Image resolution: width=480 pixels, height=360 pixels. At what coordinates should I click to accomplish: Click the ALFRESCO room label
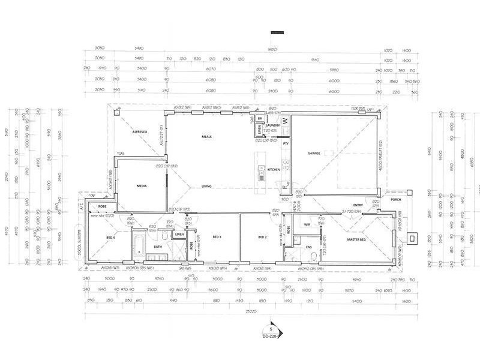(140, 131)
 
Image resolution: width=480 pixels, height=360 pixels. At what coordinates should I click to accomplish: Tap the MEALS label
(207, 137)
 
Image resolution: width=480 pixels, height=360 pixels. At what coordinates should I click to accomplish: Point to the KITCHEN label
(274, 170)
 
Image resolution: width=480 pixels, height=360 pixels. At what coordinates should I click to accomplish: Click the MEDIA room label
(142, 186)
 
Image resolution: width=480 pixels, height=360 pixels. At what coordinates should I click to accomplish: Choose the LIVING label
(207, 185)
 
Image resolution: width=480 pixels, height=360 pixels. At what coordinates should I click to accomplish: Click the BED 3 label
(217, 237)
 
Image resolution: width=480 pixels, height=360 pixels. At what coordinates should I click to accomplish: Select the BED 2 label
(262, 237)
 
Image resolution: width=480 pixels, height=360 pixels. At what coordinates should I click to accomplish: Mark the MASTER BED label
(358, 240)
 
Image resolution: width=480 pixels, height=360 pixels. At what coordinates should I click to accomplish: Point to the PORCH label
(395, 200)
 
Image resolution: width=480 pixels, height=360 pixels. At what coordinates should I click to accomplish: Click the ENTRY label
(358, 205)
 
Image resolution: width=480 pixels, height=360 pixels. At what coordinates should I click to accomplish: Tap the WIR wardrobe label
(307, 224)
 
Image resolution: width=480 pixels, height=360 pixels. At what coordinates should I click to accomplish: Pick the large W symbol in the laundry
(286, 121)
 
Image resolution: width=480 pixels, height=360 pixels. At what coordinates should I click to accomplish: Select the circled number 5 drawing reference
(271, 329)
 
